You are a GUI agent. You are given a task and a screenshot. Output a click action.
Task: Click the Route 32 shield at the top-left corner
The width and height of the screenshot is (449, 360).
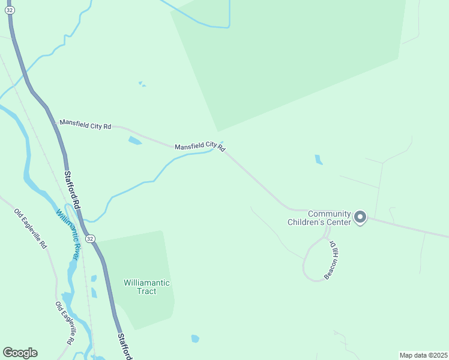tap(10, 10)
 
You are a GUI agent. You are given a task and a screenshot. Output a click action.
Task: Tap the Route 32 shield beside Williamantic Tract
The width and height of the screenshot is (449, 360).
tap(90, 239)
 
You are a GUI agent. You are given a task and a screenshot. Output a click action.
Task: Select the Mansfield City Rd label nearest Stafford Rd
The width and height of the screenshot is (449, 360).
tap(86, 125)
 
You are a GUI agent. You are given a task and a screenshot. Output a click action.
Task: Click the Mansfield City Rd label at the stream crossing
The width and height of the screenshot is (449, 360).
tap(200, 146)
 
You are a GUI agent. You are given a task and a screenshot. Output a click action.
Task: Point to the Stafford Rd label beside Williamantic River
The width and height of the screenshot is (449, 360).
tap(72, 190)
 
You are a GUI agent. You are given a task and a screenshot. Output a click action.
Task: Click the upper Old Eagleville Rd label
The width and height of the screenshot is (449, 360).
tap(30, 229)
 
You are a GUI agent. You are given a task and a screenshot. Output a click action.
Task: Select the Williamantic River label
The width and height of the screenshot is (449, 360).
tap(68, 234)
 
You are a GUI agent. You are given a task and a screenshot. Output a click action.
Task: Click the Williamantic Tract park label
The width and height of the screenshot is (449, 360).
tap(147, 287)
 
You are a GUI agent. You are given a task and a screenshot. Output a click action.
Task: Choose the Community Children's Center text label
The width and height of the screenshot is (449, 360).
tap(328, 218)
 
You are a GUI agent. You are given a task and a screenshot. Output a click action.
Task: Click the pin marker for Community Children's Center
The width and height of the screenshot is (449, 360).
tap(360, 217)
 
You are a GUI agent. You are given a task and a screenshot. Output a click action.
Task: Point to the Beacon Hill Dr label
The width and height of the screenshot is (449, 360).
tap(330, 260)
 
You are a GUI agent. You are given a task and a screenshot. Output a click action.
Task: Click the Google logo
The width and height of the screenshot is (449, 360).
tap(20, 353)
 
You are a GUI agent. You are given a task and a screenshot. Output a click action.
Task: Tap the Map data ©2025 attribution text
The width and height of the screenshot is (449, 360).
tap(423, 355)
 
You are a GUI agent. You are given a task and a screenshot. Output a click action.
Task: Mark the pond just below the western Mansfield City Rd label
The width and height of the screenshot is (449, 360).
tap(134, 141)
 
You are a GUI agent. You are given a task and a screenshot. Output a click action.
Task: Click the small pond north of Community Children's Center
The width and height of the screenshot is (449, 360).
tap(318, 160)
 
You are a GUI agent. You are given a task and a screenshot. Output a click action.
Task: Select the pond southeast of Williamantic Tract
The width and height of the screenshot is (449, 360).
tap(195, 339)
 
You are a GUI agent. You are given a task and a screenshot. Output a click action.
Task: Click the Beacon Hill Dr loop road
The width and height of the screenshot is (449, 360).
tap(305, 264)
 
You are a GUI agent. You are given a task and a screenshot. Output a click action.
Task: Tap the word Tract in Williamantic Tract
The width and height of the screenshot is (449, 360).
tap(147, 292)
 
